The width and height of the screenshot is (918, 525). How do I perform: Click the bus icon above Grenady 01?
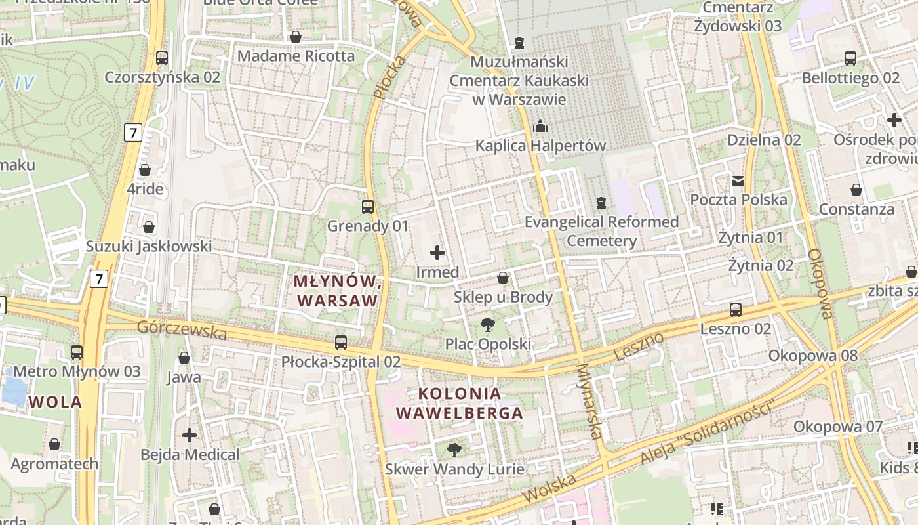coord(368,207)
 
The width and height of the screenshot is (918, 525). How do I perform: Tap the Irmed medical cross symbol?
coord(437,252)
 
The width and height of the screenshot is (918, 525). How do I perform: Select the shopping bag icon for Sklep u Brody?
coord(503,278)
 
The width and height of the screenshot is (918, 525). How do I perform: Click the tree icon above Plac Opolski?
coord(487,324)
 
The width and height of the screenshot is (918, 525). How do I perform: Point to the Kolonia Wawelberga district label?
coord(460,403)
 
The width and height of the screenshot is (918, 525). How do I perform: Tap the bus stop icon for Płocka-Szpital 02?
coord(341,342)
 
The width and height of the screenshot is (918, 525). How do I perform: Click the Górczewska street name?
coord(182,330)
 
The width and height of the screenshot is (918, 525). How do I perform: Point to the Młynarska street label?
coord(589,401)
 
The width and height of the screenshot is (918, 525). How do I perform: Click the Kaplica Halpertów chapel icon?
coord(540,125)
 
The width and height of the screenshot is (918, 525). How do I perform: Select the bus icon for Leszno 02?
coord(736,309)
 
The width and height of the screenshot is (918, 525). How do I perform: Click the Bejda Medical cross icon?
coord(190,434)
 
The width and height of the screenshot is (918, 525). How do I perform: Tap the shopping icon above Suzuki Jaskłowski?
coord(149,227)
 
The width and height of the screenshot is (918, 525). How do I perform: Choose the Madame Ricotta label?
coord(296,56)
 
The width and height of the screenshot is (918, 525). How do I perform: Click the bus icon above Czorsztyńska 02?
coord(162,58)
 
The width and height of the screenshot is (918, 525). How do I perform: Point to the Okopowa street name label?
coord(820,283)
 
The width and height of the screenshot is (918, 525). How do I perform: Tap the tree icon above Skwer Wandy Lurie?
coord(454,450)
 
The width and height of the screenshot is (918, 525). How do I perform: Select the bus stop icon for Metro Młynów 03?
coord(77,352)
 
